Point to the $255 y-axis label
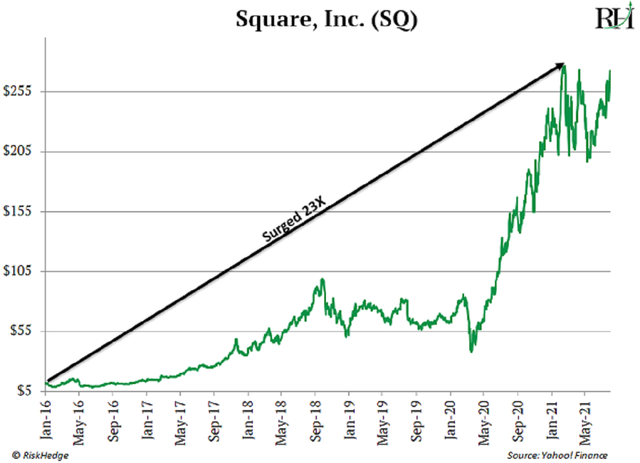point(18,92)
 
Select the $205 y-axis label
point(18,151)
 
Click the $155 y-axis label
point(18,212)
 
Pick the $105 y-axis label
point(18,272)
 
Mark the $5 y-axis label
point(23,392)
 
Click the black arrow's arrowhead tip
point(564,64)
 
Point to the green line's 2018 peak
point(322,280)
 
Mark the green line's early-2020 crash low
point(471,351)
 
